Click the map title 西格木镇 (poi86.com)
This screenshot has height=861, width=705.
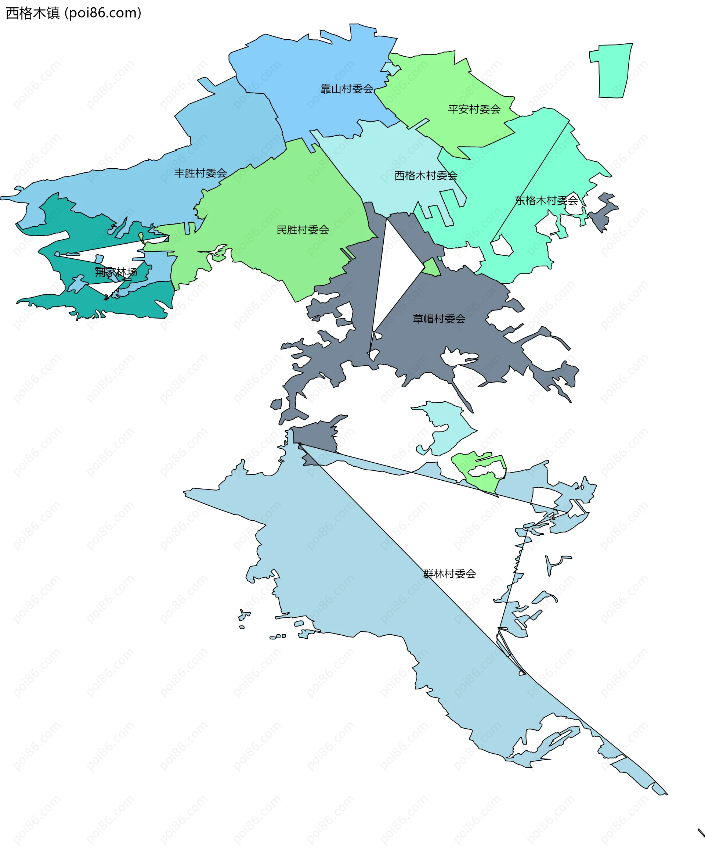[x=73, y=13]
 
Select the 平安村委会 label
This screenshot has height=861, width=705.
[x=474, y=109]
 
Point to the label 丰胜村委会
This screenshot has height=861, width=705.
[x=200, y=173]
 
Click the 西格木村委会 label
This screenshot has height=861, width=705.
[x=426, y=176]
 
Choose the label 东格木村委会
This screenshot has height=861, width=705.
[x=546, y=200]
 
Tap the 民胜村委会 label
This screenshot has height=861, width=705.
[x=303, y=230]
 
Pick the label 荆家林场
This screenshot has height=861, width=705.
[x=116, y=272]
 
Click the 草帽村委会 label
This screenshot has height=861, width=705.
[x=439, y=319]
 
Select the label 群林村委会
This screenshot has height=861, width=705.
[x=449, y=574]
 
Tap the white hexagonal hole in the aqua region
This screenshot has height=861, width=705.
[x=502, y=246]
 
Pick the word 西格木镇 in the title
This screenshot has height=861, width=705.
[x=32, y=13]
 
